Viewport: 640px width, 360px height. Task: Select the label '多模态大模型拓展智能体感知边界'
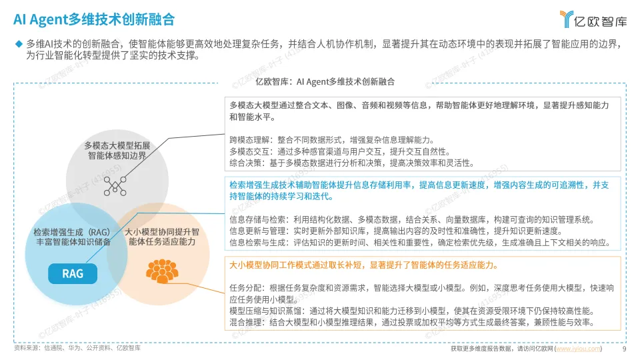pos(117,150)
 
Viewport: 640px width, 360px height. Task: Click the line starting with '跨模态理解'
pos(331,140)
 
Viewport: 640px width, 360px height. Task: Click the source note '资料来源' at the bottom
pos(77,348)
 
